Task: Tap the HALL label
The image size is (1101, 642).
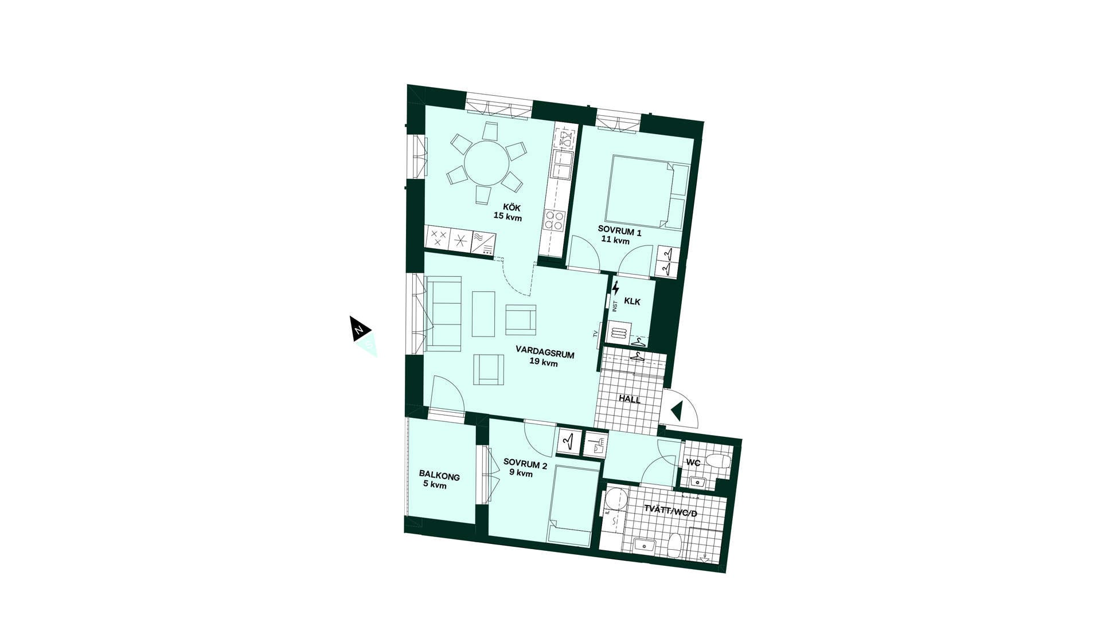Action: tap(630, 400)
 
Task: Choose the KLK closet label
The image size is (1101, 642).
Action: tap(632, 302)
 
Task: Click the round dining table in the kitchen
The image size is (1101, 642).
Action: tap(486, 162)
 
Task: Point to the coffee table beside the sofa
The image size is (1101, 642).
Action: tap(483, 314)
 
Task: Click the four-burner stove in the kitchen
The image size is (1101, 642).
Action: tap(555, 220)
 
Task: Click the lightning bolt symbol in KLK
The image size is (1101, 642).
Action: tap(616, 288)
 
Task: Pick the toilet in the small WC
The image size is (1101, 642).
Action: tap(717, 461)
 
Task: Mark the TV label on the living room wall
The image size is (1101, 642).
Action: tap(595, 334)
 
